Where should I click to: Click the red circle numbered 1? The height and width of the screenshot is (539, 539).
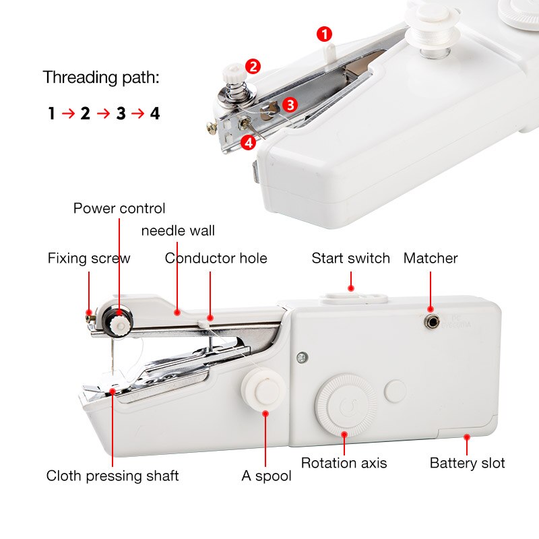(324, 34)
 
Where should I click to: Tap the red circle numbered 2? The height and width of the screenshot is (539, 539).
(253, 66)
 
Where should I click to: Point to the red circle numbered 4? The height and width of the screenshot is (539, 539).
(249, 142)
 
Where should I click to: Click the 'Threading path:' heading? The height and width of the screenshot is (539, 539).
(102, 77)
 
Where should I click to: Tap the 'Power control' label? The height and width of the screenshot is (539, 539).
(119, 208)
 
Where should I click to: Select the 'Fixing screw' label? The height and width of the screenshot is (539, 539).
(88, 258)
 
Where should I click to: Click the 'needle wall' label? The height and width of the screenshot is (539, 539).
(178, 230)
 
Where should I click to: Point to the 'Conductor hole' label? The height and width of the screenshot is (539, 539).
(216, 258)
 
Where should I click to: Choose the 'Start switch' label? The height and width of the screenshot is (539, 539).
(350, 258)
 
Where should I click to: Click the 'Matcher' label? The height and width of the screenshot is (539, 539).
(431, 258)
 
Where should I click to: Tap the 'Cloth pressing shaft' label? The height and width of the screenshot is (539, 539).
(113, 476)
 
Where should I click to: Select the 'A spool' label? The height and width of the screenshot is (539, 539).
(267, 476)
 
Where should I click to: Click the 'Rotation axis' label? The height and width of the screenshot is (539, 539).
(344, 463)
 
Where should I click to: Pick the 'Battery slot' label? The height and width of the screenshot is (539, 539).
(468, 463)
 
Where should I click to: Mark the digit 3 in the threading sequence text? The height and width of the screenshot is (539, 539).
(121, 113)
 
